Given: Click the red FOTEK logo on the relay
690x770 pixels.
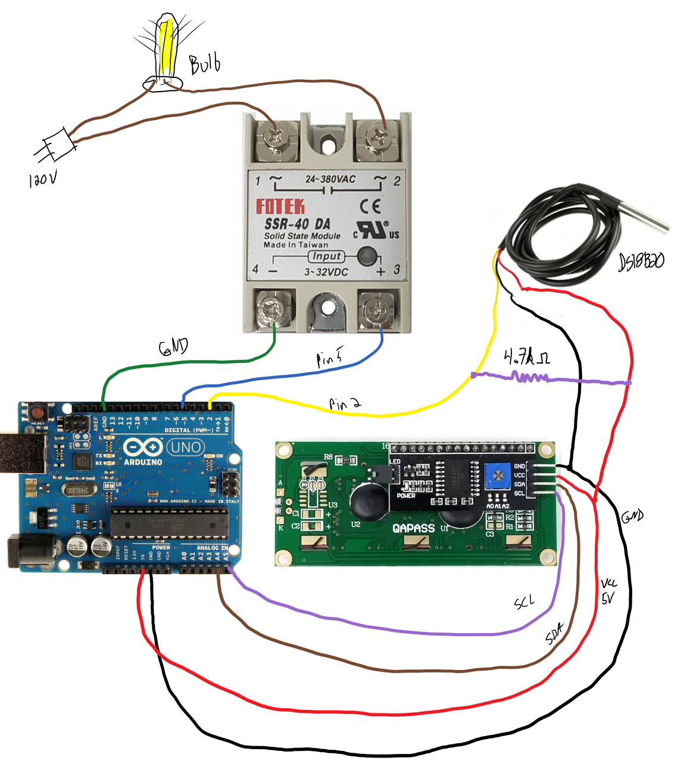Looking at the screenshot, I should pos(280,206).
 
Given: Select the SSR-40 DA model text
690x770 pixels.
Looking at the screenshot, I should pos(297,224).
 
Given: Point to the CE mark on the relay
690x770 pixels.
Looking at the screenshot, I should pos(370,206).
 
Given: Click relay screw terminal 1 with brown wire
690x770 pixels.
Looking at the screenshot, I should pos(276,138).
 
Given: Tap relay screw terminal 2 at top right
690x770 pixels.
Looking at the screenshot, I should pos(377,138).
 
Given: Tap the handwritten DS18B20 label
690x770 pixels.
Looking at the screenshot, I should pos(641,261).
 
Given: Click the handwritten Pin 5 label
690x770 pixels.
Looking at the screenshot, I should pos(329,357).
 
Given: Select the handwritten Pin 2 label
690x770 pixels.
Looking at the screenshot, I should pos(345,405).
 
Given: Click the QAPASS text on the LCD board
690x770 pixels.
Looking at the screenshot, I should pos(413,528).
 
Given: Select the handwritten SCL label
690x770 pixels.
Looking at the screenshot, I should pos(524,602).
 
